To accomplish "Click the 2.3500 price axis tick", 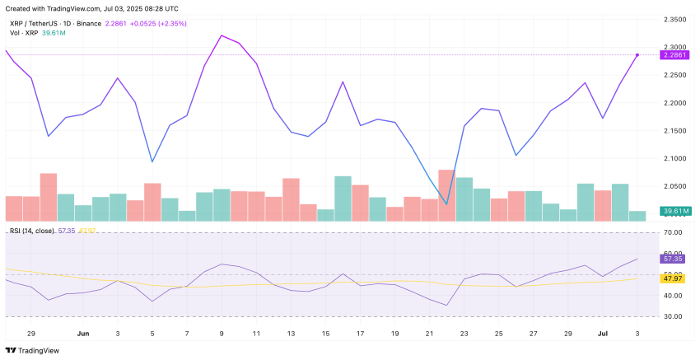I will [679, 18].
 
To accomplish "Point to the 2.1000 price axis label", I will [679, 158].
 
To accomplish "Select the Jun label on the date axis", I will [82, 334].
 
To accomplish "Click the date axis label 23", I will [464, 334].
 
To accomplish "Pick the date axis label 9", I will [222, 334].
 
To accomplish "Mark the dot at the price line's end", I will [637, 54].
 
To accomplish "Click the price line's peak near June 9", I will [222, 35].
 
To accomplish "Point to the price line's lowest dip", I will [446, 204].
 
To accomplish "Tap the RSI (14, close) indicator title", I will [33, 230].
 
